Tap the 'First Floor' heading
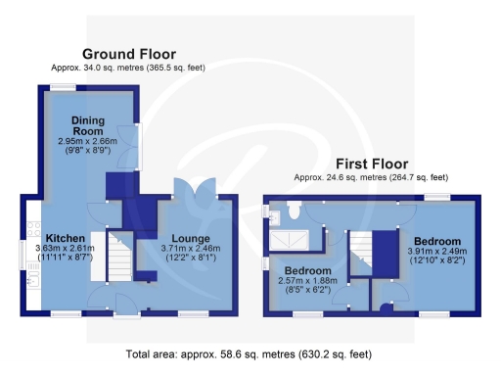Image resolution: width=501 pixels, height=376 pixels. coord(371,164)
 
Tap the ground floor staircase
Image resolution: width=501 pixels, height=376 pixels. coord(119,258)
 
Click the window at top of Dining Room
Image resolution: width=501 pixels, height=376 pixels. coord(67,88)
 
